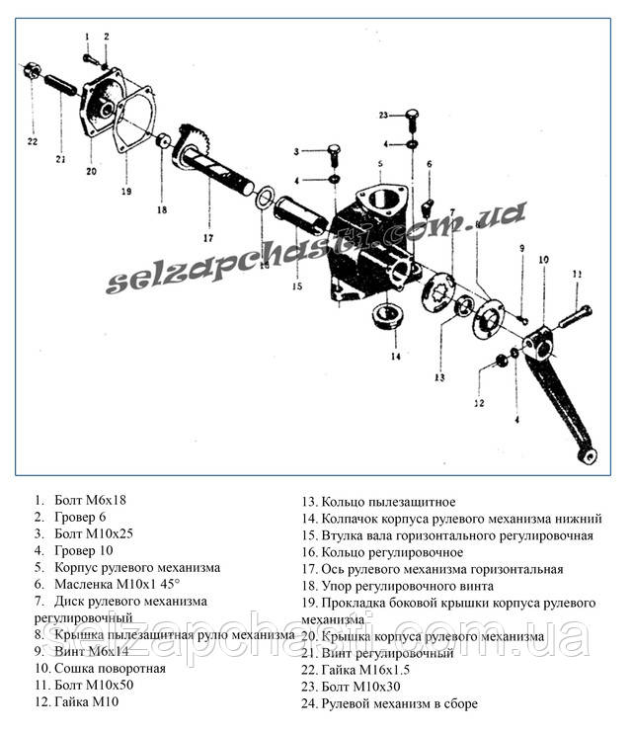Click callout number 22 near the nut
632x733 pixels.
[x=32, y=141]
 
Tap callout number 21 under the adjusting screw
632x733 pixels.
[x=60, y=158]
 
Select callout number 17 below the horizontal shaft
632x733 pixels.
[x=208, y=237]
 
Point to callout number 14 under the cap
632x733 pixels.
[x=394, y=356]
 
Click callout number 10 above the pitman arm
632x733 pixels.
[x=542, y=260]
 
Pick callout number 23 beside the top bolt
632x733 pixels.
[x=384, y=116]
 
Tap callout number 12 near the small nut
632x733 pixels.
[x=479, y=402]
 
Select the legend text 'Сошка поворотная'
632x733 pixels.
[x=109, y=668]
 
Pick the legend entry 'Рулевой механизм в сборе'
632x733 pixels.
[x=389, y=703]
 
